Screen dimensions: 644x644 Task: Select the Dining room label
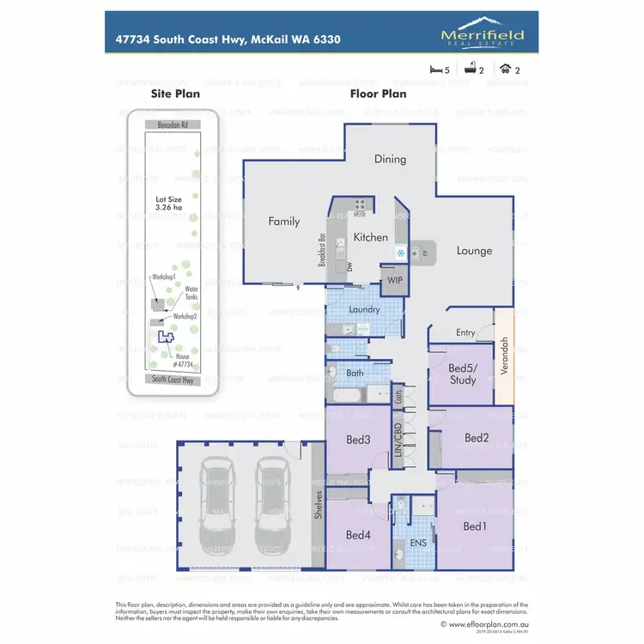[390, 159]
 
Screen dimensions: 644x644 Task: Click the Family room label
[284, 222]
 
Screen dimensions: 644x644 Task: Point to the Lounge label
[474, 251]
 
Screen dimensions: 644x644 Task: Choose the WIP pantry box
[395, 280]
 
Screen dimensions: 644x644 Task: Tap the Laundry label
[365, 309]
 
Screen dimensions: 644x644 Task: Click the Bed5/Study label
[463, 374]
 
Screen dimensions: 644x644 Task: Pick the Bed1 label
[474, 526]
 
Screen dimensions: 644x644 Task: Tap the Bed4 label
[358, 535]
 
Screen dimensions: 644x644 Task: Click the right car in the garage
[272, 507]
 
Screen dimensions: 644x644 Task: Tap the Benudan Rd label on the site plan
[172, 125]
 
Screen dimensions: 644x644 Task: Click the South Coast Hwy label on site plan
[172, 379]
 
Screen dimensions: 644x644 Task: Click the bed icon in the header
[434, 70]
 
